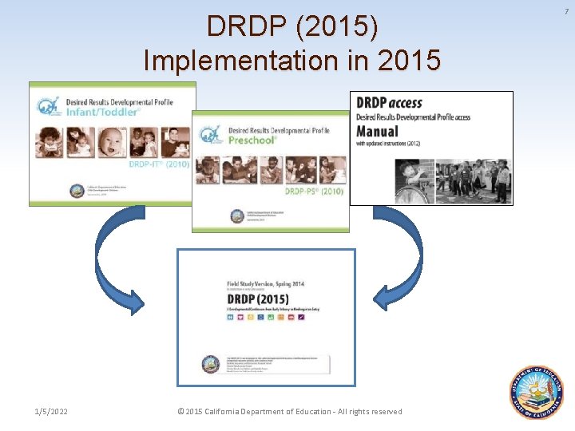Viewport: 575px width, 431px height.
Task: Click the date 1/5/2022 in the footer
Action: click(51, 412)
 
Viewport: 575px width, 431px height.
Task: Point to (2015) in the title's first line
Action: click(336, 26)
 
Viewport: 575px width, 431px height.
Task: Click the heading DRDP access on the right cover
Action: click(389, 103)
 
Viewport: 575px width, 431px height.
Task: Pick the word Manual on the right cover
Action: click(377, 131)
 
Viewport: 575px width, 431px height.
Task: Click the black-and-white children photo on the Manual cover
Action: click(453, 180)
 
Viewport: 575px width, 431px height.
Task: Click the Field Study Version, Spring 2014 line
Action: click(265, 283)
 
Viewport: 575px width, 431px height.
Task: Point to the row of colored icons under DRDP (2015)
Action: click(266, 318)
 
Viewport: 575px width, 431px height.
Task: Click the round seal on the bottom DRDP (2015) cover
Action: click(211, 364)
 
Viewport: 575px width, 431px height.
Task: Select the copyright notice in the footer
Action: click(289, 412)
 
